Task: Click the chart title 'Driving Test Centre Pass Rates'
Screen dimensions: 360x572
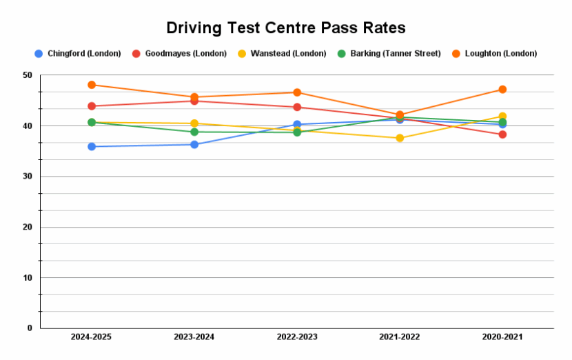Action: tap(286, 28)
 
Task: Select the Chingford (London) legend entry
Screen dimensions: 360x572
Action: tap(78, 53)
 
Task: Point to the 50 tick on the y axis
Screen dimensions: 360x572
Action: tap(28, 75)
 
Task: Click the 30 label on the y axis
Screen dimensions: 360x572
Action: tap(28, 177)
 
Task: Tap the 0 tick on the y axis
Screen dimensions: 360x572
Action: tap(30, 328)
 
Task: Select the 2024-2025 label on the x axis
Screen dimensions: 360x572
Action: tap(92, 337)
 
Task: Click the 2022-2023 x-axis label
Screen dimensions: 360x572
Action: tap(297, 337)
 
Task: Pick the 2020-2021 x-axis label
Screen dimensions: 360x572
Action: tap(502, 337)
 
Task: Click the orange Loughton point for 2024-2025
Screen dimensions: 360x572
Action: tap(92, 85)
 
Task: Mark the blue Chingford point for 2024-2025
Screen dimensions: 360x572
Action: tap(92, 146)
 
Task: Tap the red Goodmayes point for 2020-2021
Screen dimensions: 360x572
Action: tap(502, 134)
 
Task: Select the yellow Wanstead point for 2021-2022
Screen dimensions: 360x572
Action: tap(400, 138)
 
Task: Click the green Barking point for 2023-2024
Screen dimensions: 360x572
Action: tap(194, 132)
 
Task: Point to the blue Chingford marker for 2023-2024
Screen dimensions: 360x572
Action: tap(194, 144)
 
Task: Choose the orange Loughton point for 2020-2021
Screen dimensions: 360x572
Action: tap(502, 90)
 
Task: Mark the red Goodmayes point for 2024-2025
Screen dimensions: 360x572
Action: tap(92, 106)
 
